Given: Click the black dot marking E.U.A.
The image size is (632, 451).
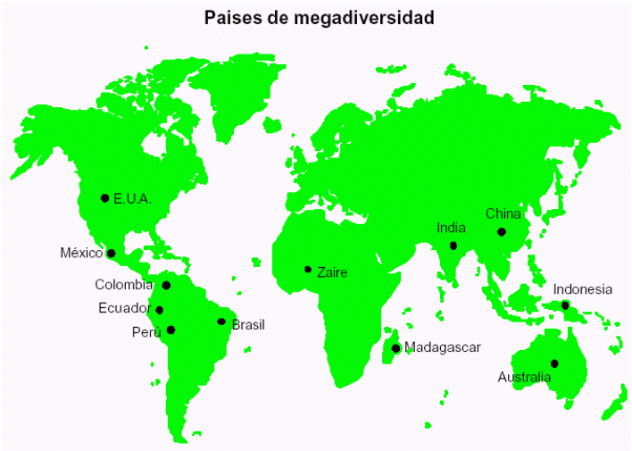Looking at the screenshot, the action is [104, 197].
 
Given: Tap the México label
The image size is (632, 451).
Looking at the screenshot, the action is [81, 253].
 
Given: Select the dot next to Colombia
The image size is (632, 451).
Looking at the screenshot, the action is [166, 285].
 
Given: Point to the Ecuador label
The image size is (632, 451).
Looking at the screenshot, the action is [124, 308].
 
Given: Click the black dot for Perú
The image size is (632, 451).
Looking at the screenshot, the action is [170, 330].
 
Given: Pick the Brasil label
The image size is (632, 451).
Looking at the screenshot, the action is [248, 324].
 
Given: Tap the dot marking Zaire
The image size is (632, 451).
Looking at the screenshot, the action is [308, 269].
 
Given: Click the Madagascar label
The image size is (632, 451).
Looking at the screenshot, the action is [442, 347].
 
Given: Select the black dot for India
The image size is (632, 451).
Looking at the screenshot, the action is [453, 245].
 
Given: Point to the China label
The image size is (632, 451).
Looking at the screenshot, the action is [503, 213].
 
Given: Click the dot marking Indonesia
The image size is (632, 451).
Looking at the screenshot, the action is [565, 305].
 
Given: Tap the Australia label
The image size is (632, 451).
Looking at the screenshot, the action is [524, 377].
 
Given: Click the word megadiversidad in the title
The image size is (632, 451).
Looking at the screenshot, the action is [362, 17].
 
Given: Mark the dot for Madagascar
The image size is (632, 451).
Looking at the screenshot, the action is [395, 347].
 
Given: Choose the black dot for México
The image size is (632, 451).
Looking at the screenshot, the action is [111, 253].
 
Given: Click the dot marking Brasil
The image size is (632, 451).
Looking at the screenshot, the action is [221, 322].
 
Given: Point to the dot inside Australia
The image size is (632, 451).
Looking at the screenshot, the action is [554, 363].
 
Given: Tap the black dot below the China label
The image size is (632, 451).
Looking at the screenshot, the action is [502, 231].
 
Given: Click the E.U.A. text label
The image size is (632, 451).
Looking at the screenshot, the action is [132, 198].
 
